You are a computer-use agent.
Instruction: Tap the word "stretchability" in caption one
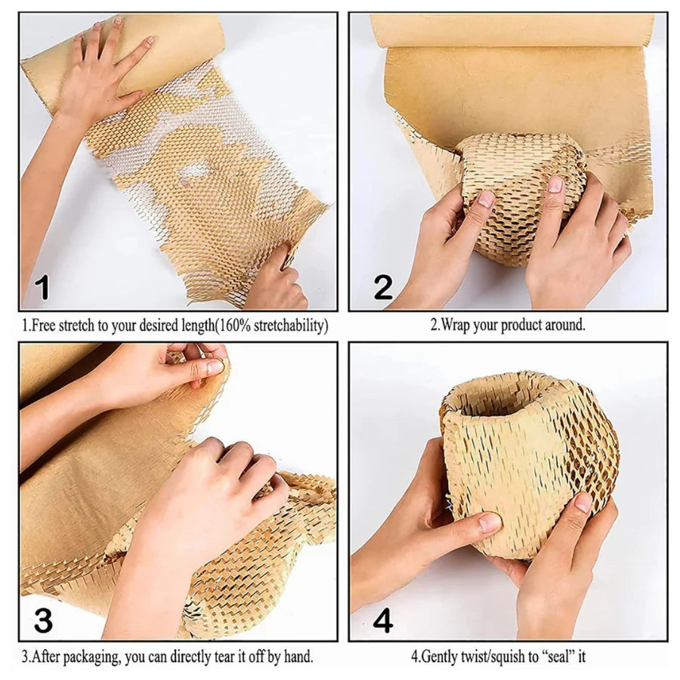tap(288, 325)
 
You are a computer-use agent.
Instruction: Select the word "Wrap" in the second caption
tap(456, 324)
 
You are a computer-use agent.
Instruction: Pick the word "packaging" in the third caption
tap(95, 657)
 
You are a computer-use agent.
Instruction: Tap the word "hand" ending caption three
tap(298, 657)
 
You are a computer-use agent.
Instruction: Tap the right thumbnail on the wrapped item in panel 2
tap(555, 184)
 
